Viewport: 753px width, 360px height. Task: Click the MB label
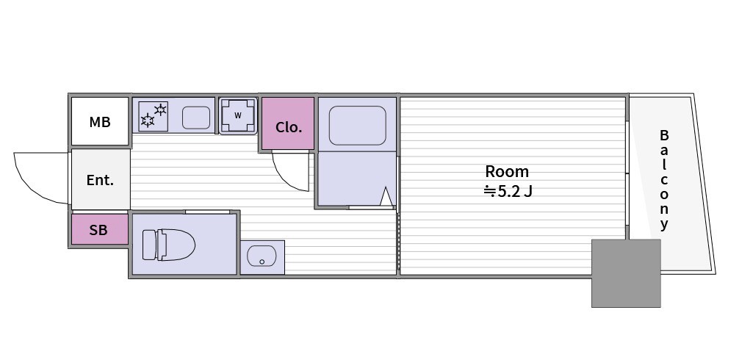100,123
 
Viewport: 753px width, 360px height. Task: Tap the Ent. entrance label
100,180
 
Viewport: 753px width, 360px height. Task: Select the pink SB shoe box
100,229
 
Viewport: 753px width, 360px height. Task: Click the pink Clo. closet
288,123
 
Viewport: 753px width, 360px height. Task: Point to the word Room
507,171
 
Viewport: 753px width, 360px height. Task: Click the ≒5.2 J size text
508,192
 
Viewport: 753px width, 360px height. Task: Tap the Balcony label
664,179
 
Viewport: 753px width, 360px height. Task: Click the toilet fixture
168,245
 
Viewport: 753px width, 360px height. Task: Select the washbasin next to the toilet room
262,257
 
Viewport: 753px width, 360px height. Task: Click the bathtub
357,126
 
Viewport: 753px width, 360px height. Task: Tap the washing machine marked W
238,115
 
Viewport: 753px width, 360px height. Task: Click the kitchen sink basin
196,118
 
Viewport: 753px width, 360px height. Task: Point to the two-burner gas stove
154,116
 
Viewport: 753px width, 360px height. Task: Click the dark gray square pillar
626,273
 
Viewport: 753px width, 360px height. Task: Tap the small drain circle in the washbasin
262,262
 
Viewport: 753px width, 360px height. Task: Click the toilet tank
150,245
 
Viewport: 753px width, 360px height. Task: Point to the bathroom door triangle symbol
386,197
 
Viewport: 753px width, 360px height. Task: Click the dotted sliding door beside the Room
399,242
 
